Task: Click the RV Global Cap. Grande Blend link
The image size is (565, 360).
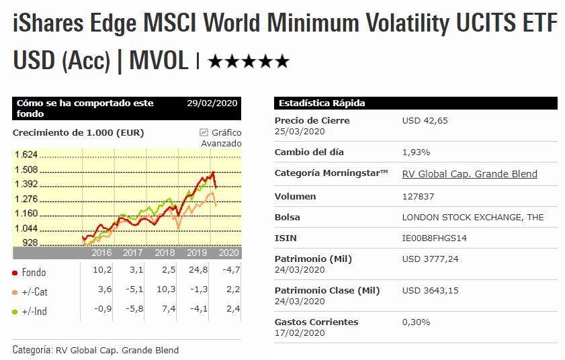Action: point(470,174)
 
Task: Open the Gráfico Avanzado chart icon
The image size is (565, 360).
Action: point(204,132)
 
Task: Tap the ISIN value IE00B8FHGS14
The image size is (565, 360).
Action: point(434,238)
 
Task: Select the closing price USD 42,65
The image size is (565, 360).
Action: point(425,121)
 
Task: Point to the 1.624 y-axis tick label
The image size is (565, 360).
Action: point(26,154)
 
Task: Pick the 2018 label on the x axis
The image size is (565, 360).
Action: point(165,253)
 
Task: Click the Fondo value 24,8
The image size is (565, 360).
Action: point(199,270)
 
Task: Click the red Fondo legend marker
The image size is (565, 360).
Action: point(15,273)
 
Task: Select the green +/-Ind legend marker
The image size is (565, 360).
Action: point(15,312)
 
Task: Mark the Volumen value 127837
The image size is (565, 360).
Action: point(418,197)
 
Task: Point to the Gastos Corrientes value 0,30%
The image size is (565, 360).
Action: point(415,322)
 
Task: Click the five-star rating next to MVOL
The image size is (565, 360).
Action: point(249,62)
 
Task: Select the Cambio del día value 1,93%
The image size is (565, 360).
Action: point(416,152)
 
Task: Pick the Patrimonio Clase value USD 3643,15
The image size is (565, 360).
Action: point(430,291)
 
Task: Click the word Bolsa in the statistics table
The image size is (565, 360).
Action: point(288,218)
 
